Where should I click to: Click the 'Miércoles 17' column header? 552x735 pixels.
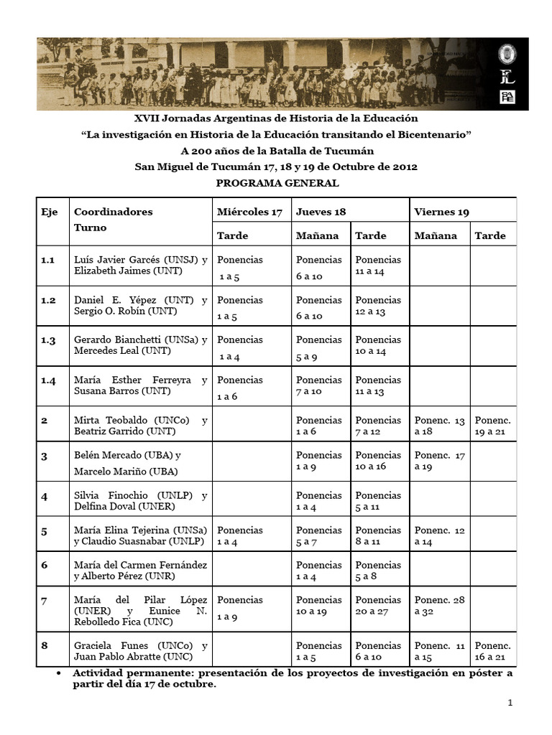click(x=249, y=212)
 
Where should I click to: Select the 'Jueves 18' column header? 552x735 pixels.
click(x=321, y=212)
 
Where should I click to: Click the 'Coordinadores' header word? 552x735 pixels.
click(x=114, y=212)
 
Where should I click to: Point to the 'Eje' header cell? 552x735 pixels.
click(x=49, y=212)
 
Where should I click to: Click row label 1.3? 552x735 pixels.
click(x=49, y=340)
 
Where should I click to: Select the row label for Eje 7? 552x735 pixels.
click(x=45, y=600)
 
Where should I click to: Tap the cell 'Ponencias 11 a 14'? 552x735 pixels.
click(x=378, y=266)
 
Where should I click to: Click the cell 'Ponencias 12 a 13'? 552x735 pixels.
click(x=378, y=306)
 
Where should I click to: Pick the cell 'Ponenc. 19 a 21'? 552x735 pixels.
click(x=493, y=426)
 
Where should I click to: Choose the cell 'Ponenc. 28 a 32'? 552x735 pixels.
click(x=439, y=605)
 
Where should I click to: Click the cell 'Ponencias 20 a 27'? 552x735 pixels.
click(x=378, y=605)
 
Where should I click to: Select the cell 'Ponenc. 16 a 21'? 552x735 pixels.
click(x=493, y=651)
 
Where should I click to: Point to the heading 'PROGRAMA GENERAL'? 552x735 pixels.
click(x=277, y=183)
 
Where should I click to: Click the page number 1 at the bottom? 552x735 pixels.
click(x=510, y=704)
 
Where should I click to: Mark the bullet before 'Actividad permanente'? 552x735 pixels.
click(x=57, y=673)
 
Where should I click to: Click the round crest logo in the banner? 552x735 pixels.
click(x=507, y=55)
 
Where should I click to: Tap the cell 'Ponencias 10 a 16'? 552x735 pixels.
click(x=378, y=460)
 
